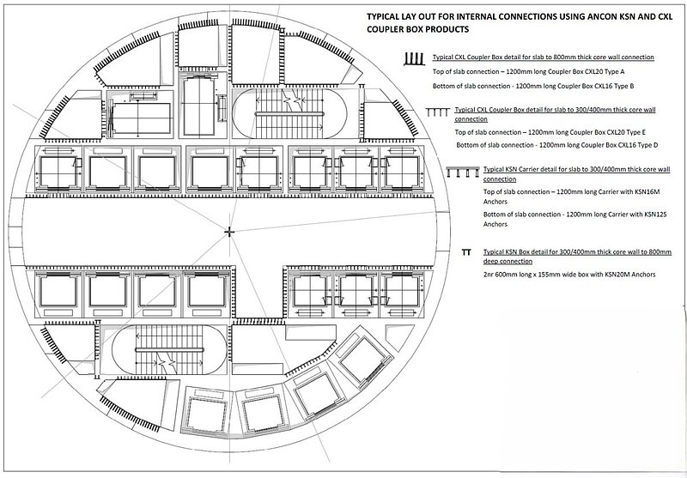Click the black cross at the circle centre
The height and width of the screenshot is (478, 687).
[x=229, y=232]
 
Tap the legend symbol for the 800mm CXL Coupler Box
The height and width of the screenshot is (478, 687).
[x=414, y=59]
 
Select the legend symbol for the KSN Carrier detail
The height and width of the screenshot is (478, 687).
[x=463, y=172]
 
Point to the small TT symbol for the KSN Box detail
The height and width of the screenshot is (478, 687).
[x=466, y=252]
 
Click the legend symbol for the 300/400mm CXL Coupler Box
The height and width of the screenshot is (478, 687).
[x=438, y=112]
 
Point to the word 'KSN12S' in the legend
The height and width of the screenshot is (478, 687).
[x=655, y=215]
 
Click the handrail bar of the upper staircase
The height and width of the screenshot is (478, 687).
[x=289, y=114]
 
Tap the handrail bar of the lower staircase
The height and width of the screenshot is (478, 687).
[x=169, y=350]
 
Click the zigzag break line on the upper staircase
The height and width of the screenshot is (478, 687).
[x=291, y=99]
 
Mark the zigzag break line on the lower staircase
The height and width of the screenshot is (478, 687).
[x=166, y=363]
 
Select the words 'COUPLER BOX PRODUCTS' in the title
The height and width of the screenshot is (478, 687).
[x=417, y=29]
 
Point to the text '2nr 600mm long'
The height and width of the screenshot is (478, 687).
[x=507, y=275]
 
